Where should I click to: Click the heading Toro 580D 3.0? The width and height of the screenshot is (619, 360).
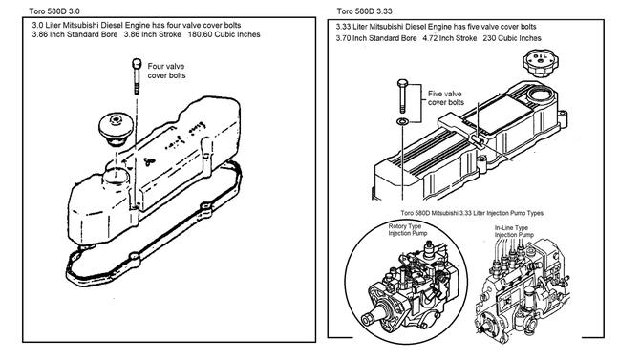(x=54, y=11)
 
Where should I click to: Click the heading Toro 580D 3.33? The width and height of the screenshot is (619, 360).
(x=364, y=11)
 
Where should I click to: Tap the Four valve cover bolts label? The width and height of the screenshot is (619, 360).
(x=166, y=71)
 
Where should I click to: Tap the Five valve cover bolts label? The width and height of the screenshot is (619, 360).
(x=445, y=98)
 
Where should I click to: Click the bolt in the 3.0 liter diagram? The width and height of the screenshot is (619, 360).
(x=137, y=76)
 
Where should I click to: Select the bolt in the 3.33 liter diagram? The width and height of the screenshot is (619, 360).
(x=402, y=96)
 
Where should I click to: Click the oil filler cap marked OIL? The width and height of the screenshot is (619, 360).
(x=541, y=63)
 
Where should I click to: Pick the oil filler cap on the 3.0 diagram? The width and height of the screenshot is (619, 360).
(x=116, y=129)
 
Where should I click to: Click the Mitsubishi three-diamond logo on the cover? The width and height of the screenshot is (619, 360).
(x=149, y=161)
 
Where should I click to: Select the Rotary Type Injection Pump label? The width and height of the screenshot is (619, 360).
(x=407, y=230)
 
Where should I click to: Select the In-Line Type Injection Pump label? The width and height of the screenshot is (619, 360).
(x=514, y=231)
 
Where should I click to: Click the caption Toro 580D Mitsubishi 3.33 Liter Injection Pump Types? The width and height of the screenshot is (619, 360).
(x=472, y=213)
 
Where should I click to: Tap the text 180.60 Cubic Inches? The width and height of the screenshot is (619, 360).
(x=224, y=34)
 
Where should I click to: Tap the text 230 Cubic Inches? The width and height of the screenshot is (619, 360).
(x=512, y=38)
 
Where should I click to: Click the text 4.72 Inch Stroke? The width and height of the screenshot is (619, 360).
(x=450, y=38)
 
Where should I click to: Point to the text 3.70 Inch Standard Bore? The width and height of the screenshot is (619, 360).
(x=376, y=38)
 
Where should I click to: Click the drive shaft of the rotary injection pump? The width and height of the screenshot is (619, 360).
(x=370, y=318)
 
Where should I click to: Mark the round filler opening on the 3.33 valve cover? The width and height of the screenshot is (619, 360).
(x=539, y=95)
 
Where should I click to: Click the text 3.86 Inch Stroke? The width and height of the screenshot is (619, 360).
(x=153, y=34)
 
